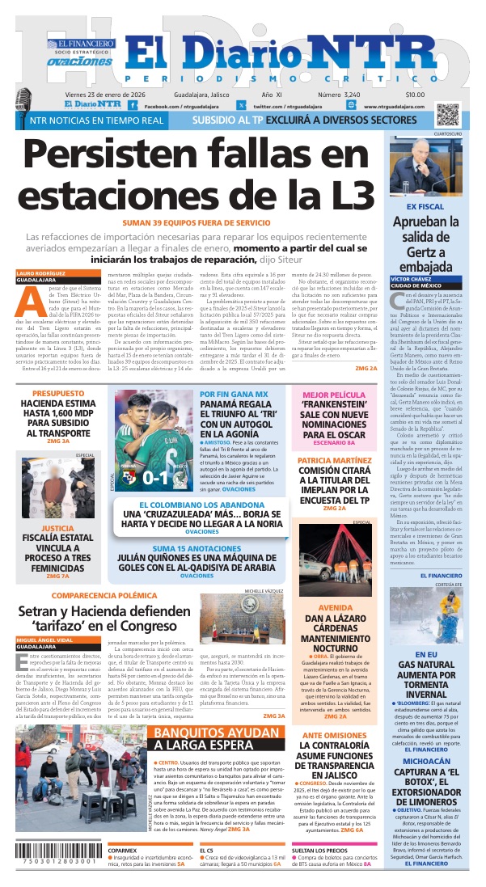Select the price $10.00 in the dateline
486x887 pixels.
(438, 95)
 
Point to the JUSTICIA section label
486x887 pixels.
(57, 505)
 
